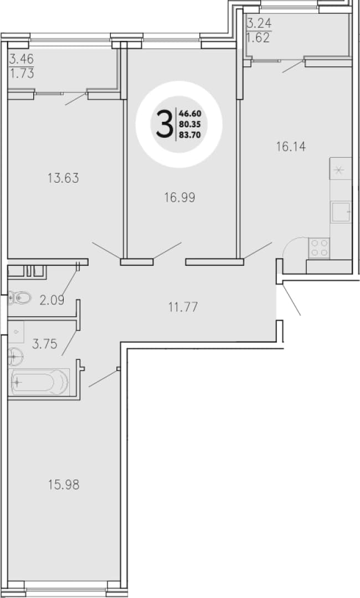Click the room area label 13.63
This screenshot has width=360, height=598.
[63, 178]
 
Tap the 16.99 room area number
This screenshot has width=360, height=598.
[179, 198]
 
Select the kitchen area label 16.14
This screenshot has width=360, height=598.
[291, 146]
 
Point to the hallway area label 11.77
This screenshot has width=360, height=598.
[183, 307]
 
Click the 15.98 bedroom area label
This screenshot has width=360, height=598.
[64, 484]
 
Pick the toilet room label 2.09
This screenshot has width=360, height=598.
[52, 300]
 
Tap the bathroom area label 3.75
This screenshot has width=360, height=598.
[45, 344]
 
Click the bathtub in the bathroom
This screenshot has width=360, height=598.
[39, 382]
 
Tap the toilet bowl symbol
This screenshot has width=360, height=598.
[19, 298]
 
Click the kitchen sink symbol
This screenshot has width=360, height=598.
[341, 212]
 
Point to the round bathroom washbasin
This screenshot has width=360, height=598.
[16, 357]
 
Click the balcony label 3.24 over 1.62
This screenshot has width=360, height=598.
[259, 31]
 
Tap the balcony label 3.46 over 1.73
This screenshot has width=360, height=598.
[22, 66]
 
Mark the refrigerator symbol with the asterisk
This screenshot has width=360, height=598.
[340, 168]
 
